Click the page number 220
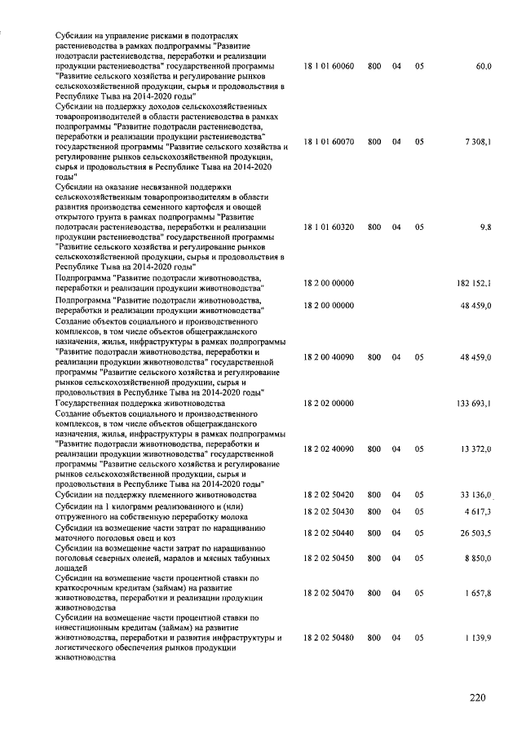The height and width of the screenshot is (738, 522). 478,697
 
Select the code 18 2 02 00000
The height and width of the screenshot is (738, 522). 328,403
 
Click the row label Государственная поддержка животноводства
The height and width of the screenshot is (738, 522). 139,403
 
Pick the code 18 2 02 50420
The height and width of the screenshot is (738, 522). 328,495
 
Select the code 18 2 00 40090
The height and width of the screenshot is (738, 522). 328,356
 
